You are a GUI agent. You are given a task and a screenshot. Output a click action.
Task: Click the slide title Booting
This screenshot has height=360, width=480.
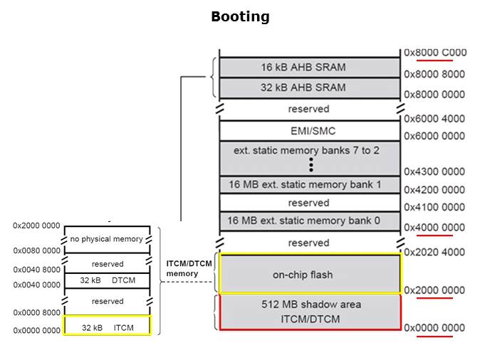tap(240, 16)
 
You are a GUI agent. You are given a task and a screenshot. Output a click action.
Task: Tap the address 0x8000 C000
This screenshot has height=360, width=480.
tap(434, 53)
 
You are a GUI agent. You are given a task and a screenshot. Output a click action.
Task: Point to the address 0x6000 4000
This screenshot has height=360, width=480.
tap(434, 119)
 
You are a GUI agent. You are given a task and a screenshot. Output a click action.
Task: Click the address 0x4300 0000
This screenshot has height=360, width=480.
tap(434, 171)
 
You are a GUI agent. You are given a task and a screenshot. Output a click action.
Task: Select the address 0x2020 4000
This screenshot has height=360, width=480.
tap(434, 252)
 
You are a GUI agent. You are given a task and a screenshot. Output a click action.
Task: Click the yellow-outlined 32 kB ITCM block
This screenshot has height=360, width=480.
tap(108, 327)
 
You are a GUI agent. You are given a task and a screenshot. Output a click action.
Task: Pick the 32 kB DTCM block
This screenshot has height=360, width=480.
tap(108, 280)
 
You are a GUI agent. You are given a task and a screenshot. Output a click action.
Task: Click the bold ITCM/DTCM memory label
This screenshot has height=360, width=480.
tap(189, 268)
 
